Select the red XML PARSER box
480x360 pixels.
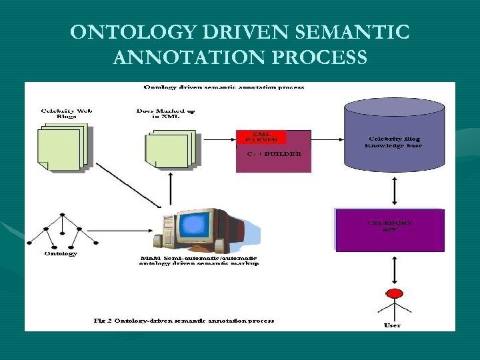pyautogui.click(x=261, y=137)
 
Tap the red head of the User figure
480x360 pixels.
pyautogui.click(x=395, y=293)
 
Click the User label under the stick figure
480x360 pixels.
pyautogui.click(x=393, y=325)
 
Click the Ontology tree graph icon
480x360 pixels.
pyautogui.click(x=62, y=231)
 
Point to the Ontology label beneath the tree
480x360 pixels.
pyautogui.click(x=61, y=254)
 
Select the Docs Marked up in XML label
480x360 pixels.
pyautogui.click(x=165, y=114)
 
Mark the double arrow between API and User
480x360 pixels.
pyautogui.click(x=394, y=269)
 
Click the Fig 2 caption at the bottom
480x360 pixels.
pyautogui.click(x=183, y=321)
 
